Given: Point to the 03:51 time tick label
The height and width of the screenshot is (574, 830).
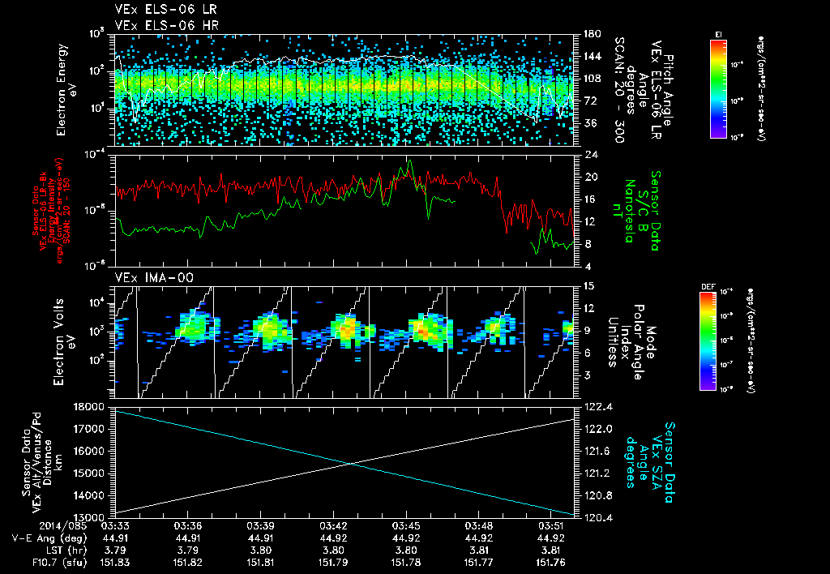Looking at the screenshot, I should click(x=554, y=526).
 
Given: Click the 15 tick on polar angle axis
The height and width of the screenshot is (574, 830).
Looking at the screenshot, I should click(x=585, y=285).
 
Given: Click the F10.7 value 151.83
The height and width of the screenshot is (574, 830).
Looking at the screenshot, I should click(x=114, y=561).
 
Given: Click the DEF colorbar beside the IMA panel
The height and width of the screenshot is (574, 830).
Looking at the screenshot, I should click(x=707, y=340).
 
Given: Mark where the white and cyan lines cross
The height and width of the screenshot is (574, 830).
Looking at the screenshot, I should click(x=350, y=463).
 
